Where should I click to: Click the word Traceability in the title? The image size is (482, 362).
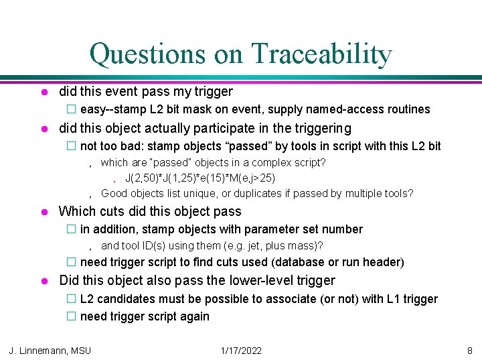click(x=321, y=54)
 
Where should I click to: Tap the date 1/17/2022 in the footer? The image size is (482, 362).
click(x=240, y=350)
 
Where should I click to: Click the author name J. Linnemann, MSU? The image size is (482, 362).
click(x=50, y=350)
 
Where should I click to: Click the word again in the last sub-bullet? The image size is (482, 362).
click(x=193, y=316)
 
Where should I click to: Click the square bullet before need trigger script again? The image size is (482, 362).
click(x=70, y=316)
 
